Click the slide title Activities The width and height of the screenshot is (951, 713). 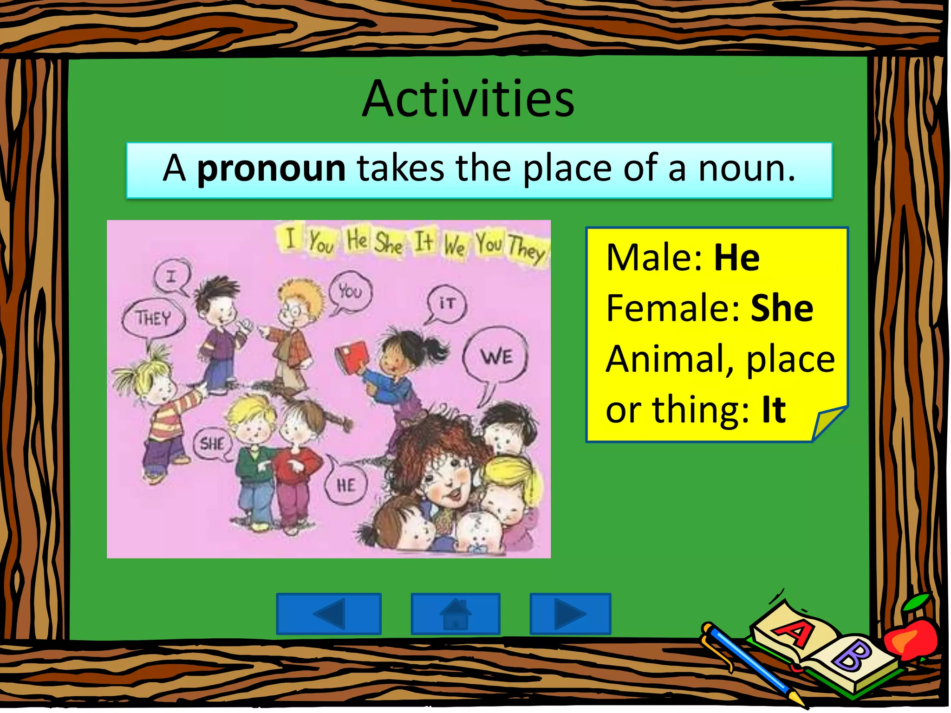pos(468,99)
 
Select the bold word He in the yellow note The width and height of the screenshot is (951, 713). pos(736,258)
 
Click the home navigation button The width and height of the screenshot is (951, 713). pos(455,613)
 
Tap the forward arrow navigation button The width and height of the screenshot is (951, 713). pos(570,613)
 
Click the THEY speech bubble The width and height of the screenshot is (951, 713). pos(153,318)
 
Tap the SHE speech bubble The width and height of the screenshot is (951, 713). pos(212,444)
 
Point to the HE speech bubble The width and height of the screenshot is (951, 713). pos(346,486)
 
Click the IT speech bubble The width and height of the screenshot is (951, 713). pos(446,303)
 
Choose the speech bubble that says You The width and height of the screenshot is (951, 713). pos(350,292)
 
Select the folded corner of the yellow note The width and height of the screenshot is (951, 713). pos(828,422)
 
